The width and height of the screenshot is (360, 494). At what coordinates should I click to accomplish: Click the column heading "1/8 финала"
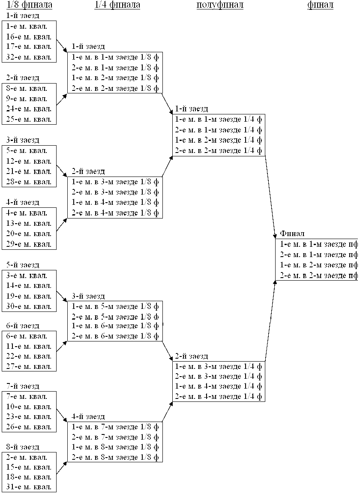point(30,5)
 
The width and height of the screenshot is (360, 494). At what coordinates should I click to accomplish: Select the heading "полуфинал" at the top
point(220,5)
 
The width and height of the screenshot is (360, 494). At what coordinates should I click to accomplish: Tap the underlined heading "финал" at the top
point(321,5)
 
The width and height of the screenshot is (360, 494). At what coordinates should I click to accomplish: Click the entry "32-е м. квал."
point(29,57)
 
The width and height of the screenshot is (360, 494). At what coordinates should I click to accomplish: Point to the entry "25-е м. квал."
point(29,119)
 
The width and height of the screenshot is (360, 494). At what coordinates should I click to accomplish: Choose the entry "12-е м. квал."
point(29,161)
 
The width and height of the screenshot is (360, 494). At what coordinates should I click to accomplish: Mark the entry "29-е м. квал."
point(29,244)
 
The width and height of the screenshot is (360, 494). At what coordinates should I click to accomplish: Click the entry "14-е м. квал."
point(29,285)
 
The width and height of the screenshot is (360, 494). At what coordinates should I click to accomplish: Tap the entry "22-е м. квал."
point(29,356)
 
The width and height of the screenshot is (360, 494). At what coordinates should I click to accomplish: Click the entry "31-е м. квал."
point(29,487)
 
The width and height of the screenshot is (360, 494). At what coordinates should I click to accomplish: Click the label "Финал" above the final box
point(292,234)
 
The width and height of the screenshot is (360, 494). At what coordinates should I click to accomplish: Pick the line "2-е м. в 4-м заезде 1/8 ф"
point(115,213)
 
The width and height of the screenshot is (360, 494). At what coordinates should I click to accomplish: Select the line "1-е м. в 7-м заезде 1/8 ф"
point(115,427)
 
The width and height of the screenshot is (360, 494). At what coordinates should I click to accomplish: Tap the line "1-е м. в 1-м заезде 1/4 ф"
point(219,120)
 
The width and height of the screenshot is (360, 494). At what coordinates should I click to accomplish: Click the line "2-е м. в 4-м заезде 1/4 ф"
point(219,396)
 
